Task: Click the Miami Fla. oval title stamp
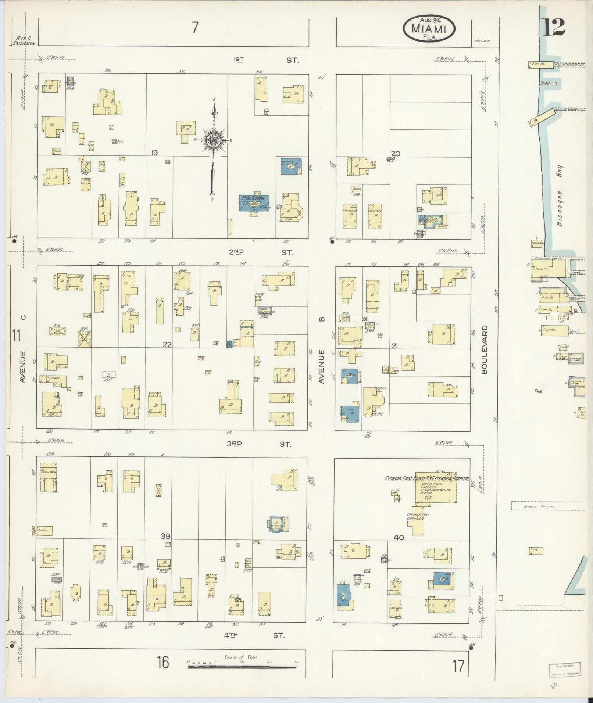click(429, 29)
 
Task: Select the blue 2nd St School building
click(253, 202)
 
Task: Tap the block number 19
click(154, 153)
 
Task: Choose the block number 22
click(167, 344)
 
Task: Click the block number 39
click(166, 537)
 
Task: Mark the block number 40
click(399, 538)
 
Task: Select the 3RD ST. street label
click(259, 444)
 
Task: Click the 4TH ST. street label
click(257, 635)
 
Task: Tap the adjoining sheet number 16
click(163, 662)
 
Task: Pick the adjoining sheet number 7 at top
click(195, 28)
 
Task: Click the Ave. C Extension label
click(24, 40)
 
